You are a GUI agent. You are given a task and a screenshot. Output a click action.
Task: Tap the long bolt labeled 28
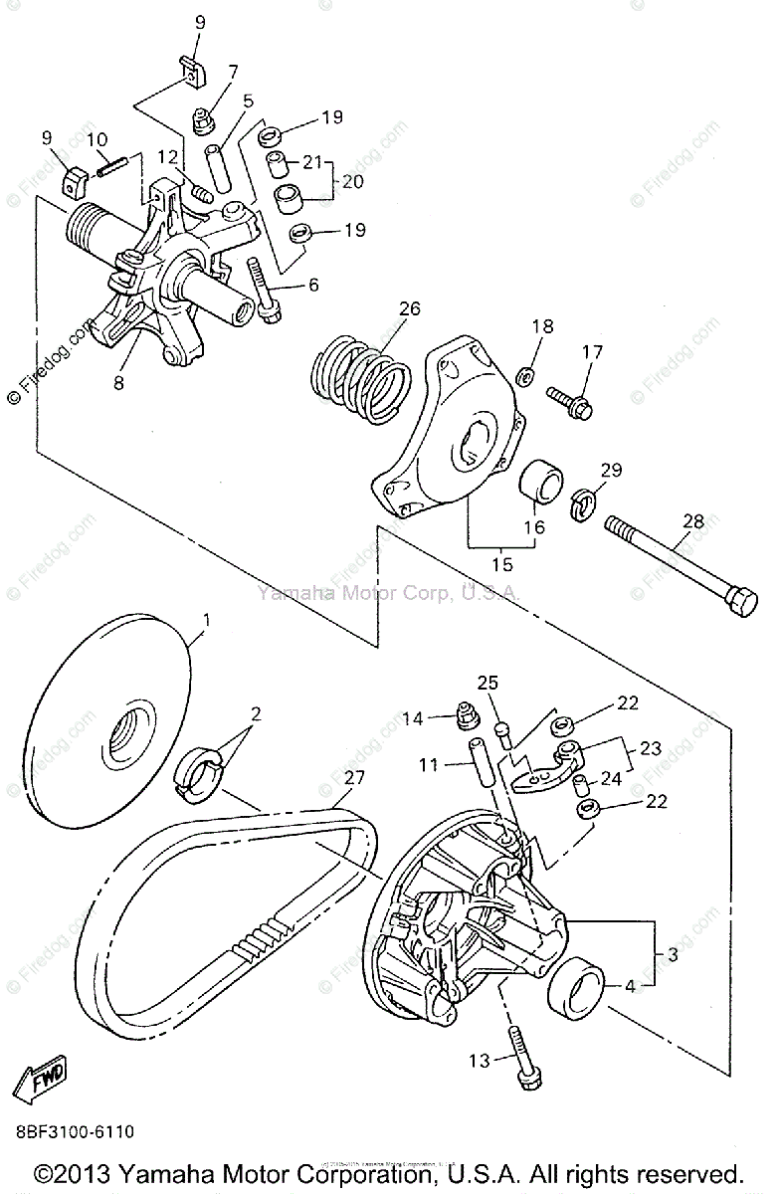click(677, 568)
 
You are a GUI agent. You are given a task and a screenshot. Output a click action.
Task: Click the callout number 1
click(207, 622)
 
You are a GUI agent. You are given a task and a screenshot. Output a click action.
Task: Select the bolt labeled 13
click(522, 1056)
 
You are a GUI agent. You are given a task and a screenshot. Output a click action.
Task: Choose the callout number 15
click(502, 564)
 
